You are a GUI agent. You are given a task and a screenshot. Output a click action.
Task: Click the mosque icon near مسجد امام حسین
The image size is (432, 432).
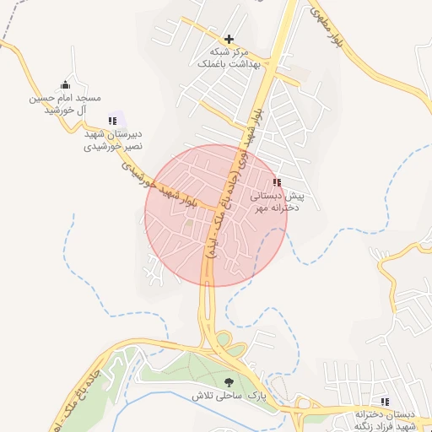tap(66, 84)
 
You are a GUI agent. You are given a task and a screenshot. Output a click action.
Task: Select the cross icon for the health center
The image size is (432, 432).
tap(229, 39)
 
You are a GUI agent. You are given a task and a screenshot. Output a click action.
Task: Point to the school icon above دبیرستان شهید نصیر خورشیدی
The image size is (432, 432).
tap(112, 121)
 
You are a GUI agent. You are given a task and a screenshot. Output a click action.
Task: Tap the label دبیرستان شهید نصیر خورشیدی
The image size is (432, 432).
tap(111, 140)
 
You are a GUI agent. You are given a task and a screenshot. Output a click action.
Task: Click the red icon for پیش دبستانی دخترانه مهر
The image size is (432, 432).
tap(277, 182)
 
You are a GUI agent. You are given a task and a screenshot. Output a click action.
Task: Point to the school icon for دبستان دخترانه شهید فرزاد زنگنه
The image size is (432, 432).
tap(385, 402)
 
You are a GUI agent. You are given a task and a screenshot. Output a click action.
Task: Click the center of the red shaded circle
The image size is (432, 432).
tap(216, 215)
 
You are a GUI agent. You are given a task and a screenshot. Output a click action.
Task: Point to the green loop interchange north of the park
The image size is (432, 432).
tap(224, 341)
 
